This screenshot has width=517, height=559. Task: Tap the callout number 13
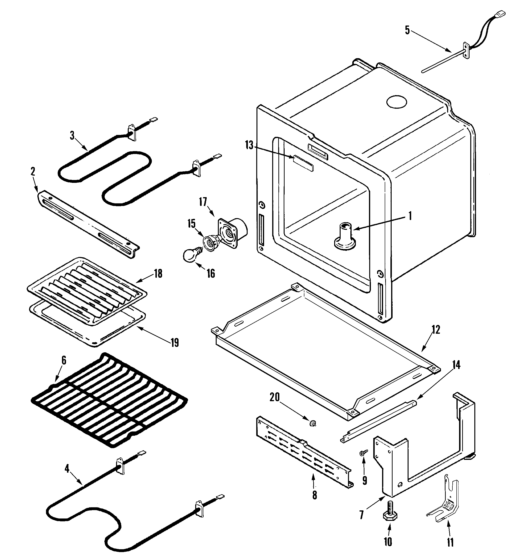[249, 145]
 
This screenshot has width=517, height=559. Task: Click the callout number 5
[407, 30]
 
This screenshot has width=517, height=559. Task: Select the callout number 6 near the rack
[64, 361]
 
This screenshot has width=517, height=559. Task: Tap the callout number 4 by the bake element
[67, 469]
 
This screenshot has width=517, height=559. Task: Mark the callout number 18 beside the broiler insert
[158, 274]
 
